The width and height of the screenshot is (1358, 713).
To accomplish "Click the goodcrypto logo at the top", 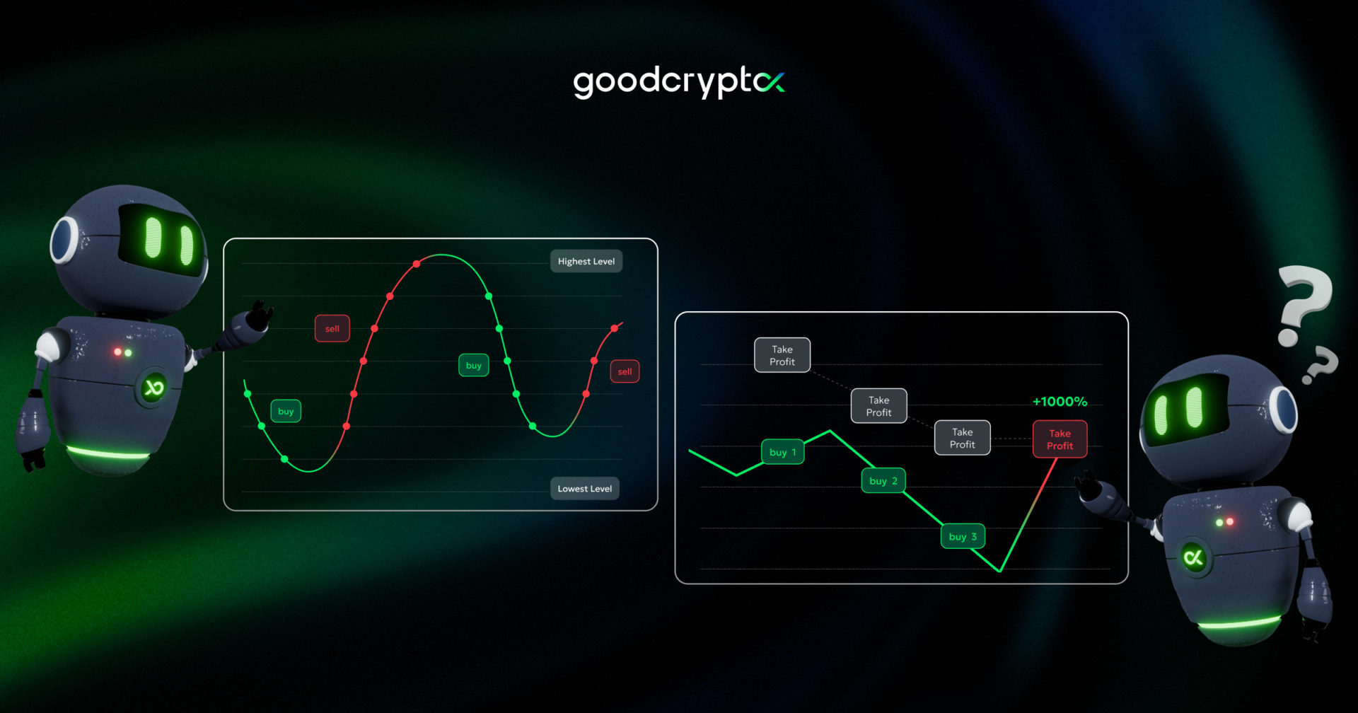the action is point(678,82).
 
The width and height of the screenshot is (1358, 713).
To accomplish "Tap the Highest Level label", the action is point(586,261).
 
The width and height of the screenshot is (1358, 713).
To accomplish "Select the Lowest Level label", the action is point(585,488).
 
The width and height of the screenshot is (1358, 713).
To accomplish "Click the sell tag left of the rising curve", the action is point(332,328).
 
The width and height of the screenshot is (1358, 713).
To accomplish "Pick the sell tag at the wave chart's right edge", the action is point(625,371).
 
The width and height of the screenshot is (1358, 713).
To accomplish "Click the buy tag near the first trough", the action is point(286,411).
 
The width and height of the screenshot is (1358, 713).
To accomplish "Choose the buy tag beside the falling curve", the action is point(474,365).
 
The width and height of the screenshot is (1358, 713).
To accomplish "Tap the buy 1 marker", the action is point(782,452).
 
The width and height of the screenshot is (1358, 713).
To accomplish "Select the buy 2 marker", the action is point(883,481).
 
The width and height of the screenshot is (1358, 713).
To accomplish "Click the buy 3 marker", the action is point(963,536).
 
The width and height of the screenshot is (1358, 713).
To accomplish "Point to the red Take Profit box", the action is point(1060,439).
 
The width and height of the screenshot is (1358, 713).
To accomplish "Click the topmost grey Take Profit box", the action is point(782,355).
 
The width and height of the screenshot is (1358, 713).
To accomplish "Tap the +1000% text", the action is point(1060,401).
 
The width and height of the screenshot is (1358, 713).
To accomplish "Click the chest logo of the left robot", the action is point(153,387).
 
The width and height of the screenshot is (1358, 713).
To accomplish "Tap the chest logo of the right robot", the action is point(1194,557).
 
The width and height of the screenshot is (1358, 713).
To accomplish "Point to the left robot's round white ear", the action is point(64,240).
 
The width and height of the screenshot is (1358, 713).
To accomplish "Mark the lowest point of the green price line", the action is point(999,570).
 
